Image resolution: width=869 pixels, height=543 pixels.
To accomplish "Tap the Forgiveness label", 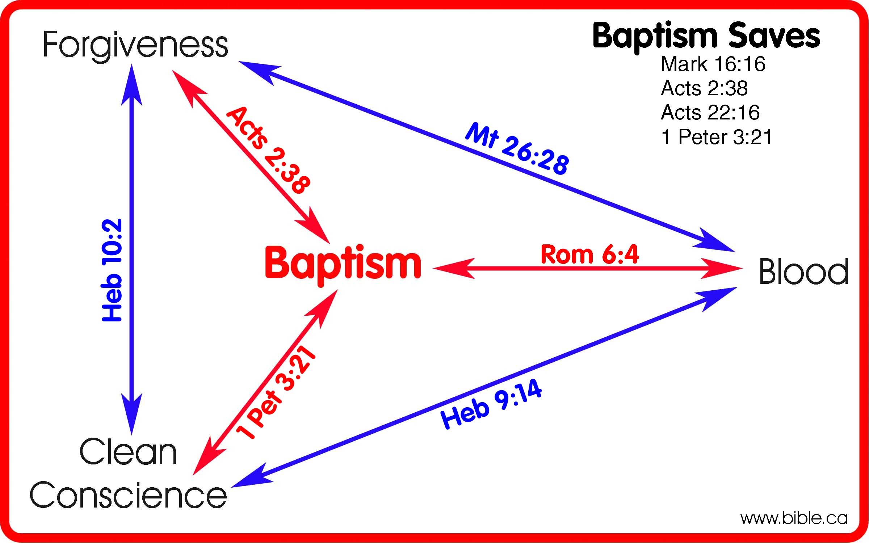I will click(135, 45).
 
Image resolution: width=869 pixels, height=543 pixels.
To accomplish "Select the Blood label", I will click(803, 271).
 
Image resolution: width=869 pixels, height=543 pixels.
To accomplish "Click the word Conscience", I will click(128, 495).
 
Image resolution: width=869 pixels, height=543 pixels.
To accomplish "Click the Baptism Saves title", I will click(706, 36).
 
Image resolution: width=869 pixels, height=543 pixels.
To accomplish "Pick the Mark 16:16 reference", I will click(713, 64).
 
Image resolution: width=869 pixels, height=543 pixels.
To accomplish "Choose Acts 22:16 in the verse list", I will click(710, 113).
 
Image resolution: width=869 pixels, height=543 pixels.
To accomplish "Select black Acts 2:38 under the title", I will click(704, 88).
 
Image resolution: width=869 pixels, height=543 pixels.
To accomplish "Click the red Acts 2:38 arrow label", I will click(268, 150).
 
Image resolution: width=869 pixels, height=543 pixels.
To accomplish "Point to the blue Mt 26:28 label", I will click(517, 149).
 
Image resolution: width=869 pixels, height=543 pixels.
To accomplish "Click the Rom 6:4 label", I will click(589, 254).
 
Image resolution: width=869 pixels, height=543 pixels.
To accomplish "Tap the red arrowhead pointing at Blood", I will click(721, 269).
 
